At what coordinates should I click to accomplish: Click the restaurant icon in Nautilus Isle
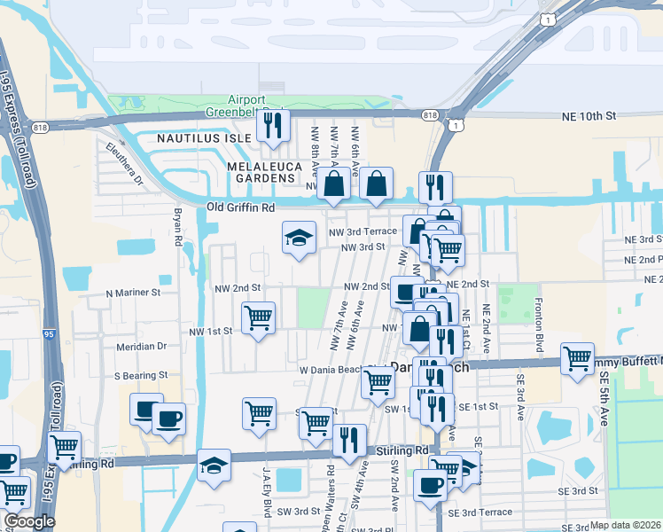(x=273, y=125)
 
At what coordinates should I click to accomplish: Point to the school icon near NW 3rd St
(x=299, y=237)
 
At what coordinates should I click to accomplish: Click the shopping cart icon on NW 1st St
(x=258, y=317)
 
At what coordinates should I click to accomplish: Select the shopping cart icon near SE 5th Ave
(x=577, y=359)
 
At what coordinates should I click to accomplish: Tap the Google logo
(x=29, y=521)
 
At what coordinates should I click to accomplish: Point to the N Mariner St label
(x=132, y=292)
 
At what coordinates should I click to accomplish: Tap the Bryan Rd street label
(x=177, y=227)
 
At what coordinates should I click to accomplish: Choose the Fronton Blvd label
(x=538, y=318)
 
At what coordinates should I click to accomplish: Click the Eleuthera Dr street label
(x=123, y=163)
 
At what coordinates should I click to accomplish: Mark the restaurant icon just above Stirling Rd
(x=349, y=440)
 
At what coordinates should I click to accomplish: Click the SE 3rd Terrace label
(x=480, y=512)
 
